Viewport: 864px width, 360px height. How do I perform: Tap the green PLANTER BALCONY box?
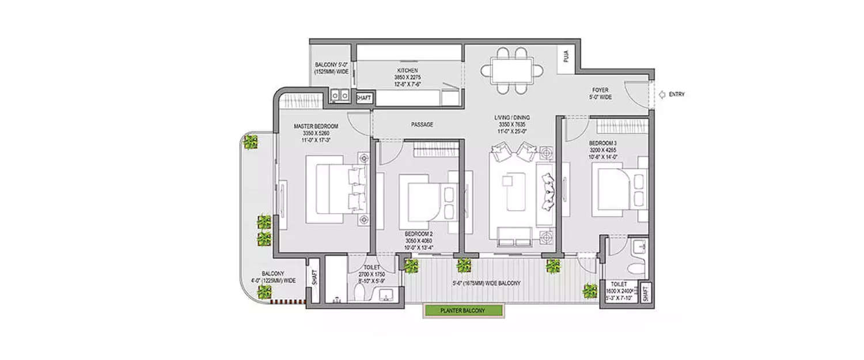(x=463, y=310)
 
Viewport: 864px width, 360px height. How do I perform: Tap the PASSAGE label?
(x=422, y=124)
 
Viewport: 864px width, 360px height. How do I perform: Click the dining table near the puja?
(x=512, y=70)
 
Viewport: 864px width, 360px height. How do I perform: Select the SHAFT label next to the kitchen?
(x=363, y=98)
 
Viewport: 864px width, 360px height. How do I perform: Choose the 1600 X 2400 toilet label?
(x=619, y=291)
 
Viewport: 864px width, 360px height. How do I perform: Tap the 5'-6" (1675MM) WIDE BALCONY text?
(x=487, y=283)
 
